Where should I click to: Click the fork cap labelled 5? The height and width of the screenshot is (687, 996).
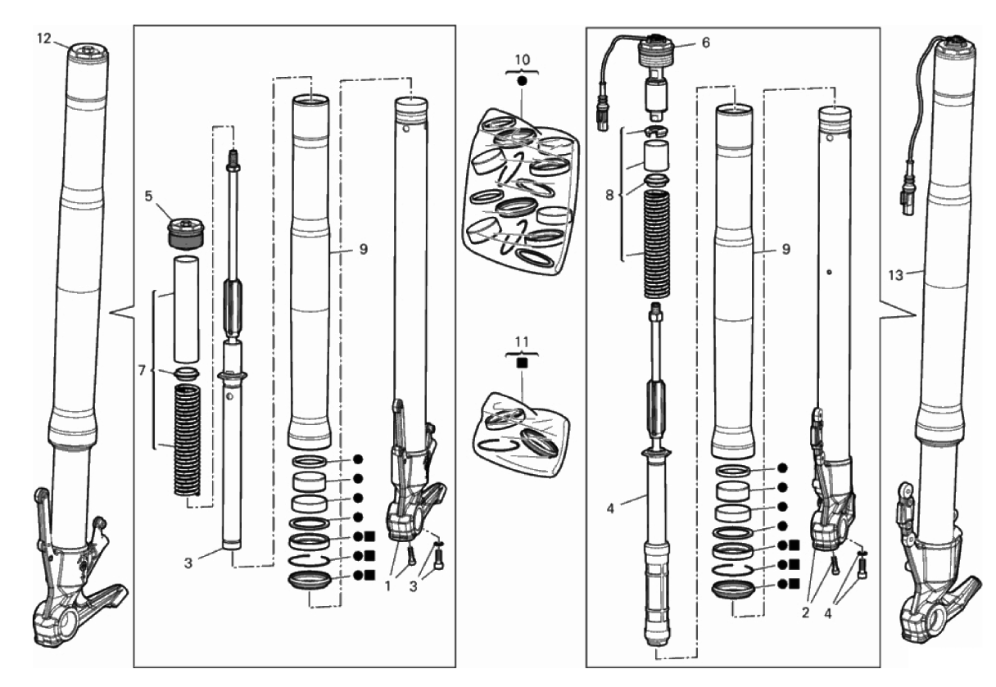coord(185,233)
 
